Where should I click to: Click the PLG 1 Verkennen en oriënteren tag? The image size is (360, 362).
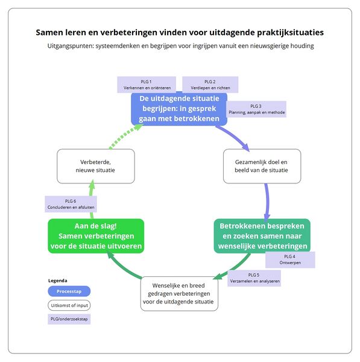tap(146, 84)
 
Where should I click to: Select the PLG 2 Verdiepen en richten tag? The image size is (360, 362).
tap(210, 84)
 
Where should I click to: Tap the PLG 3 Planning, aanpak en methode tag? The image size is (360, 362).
tap(257, 109)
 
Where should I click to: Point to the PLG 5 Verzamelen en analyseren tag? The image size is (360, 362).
tap(254, 278)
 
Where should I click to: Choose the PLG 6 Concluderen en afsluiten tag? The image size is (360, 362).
tap(70, 204)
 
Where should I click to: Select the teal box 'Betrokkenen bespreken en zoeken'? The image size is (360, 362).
tap(261, 236)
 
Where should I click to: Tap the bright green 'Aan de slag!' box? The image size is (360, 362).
tap(95, 236)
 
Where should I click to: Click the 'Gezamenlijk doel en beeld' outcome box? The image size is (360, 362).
tap(262, 166)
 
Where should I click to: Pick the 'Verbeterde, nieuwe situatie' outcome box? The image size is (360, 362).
tap(96, 166)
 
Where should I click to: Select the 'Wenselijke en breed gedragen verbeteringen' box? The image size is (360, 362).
tap(179, 293)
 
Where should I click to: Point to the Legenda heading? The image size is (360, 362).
tap(58, 281)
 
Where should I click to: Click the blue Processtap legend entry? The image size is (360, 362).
tap(69, 291)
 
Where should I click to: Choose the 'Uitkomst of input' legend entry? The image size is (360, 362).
tap(69, 305)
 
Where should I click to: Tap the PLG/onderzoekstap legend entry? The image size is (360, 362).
tap(69, 319)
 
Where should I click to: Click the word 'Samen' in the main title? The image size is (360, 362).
tap(50, 32)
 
